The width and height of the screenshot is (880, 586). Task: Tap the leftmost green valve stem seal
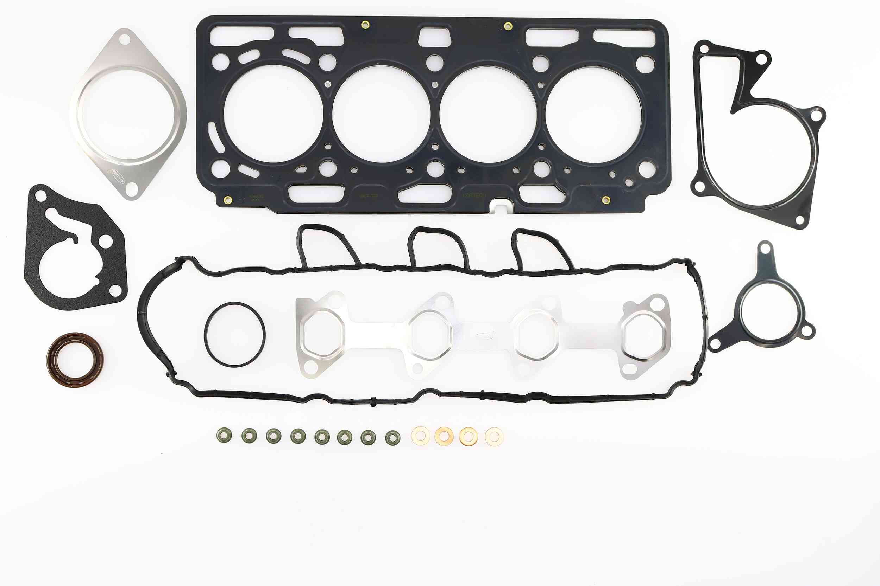[x=224, y=434]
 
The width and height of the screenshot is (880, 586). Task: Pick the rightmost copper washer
[x=494, y=437]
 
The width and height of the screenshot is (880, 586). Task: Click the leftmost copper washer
[x=420, y=436]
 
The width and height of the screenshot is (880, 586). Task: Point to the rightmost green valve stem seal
[x=392, y=437]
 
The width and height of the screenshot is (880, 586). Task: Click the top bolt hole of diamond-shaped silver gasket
[x=125, y=39]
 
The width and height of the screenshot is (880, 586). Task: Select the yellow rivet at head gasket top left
[x=365, y=25]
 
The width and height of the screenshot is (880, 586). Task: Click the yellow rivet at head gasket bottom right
[x=606, y=200]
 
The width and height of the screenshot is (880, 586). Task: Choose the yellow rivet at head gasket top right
[x=508, y=26]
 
